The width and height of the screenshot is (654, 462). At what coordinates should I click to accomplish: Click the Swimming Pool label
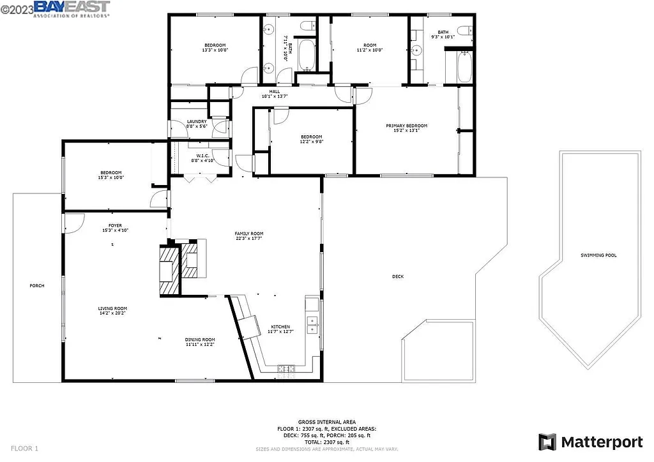click(x=598, y=255)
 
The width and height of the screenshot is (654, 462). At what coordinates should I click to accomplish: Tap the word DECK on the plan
click(x=398, y=276)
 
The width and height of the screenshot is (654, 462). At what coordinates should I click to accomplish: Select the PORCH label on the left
click(x=37, y=285)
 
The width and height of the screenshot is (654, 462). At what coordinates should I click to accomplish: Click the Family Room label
click(x=248, y=234)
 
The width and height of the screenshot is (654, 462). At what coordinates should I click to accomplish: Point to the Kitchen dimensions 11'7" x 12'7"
click(x=280, y=331)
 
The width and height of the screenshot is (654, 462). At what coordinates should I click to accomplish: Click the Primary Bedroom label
click(x=406, y=126)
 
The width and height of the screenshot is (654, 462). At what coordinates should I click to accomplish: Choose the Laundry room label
click(x=196, y=121)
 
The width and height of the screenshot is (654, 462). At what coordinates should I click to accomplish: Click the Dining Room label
click(x=200, y=339)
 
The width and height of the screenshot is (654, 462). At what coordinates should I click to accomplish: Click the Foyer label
click(x=115, y=225)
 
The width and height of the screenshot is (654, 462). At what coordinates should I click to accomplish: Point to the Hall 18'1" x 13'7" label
click(x=275, y=96)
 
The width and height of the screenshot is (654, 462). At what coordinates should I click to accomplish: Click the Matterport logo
click(x=591, y=442)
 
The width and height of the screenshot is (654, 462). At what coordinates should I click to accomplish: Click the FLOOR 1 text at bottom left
click(x=25, y=449)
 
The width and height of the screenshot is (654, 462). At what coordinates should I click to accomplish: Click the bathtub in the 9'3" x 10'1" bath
click(x=462, y=68)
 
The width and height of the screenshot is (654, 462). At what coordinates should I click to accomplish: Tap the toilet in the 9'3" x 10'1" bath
click(x=467, y=29)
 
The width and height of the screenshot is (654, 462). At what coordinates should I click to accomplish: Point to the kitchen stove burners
click(x=285, y=368)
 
